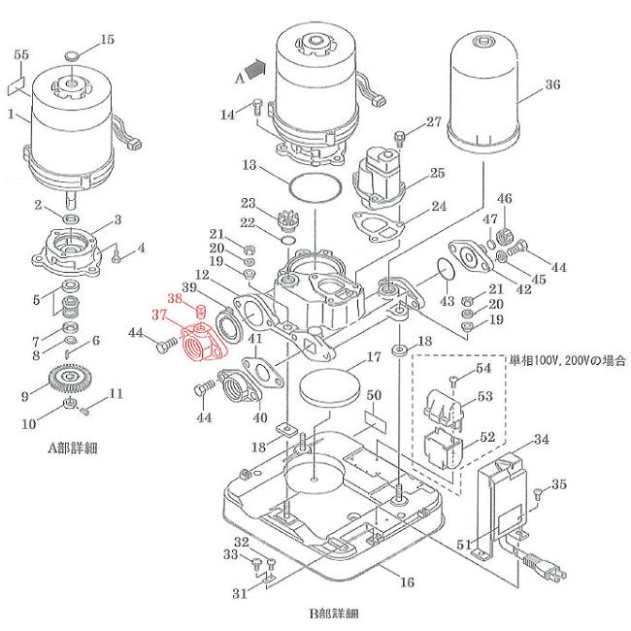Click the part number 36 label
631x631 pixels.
pyautogui.click(x=551, y=84)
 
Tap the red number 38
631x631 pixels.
pyautogui.click(x=174, y=298)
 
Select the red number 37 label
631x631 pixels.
pyautogui.click(x=159, y=315)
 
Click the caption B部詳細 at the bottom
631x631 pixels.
pyautogui.click(x=333, y=613)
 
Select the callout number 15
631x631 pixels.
pyautogui.click(x=107, y=40)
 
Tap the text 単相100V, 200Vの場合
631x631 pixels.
pyautogui.click(x=567, y=359)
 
